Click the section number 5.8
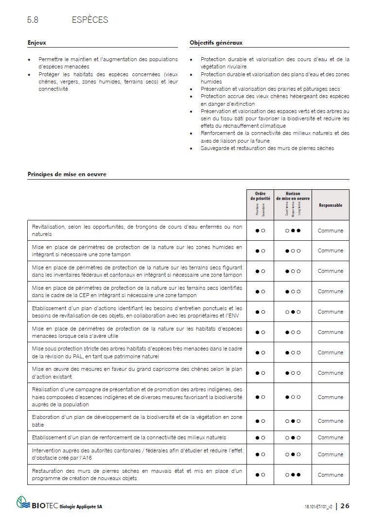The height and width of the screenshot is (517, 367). point(33,20)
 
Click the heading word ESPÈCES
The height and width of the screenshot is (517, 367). point(89,20)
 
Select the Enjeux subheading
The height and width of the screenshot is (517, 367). point(37,43)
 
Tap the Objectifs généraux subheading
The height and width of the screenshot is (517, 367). point(216,43)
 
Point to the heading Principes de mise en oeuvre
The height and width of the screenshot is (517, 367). point(67,174)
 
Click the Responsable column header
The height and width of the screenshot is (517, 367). point(330,205)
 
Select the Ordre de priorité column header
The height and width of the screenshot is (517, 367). point(260,196)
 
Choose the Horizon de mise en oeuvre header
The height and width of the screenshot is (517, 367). point(293,196)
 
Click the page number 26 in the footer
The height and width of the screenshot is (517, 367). point(345,506)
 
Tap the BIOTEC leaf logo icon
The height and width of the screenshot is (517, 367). point(23,502)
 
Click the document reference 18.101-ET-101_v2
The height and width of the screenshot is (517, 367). point(315,506)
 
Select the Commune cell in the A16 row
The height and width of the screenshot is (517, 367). point(330,454)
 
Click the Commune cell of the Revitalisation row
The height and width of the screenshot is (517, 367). point(330,231)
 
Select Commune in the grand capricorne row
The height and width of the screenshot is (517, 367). point(330,373)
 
